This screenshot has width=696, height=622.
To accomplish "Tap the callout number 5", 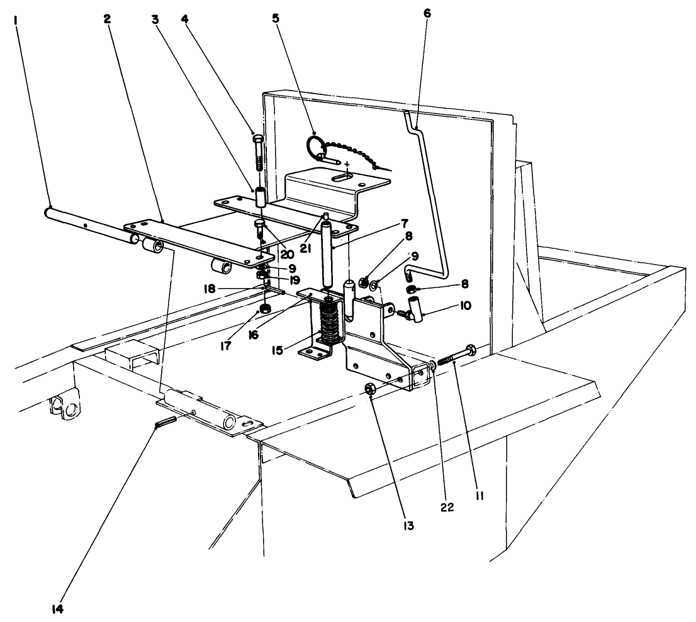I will point(276,18).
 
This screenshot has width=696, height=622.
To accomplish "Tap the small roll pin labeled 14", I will point(164,423).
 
